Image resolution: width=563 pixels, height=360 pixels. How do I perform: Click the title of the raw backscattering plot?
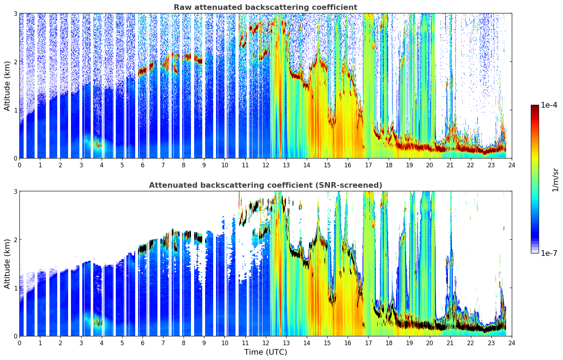265,7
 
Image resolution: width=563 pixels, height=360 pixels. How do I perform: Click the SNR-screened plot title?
265,185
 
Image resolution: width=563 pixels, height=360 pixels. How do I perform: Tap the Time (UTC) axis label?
265,352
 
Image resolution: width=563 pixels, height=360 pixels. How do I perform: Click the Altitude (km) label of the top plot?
7,86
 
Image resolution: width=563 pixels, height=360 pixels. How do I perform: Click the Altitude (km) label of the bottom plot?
7,264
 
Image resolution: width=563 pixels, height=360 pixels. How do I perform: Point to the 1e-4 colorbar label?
549,105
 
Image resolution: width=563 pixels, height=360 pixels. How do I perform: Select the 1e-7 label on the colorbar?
549,253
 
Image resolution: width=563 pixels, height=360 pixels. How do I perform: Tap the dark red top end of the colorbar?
535,106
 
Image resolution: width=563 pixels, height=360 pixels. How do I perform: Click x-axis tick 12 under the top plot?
266,165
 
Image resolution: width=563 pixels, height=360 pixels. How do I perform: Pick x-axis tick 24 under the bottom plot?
512,343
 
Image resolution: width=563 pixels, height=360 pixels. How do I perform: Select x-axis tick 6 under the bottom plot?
143,343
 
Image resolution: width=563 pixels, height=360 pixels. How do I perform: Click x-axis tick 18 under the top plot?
389,165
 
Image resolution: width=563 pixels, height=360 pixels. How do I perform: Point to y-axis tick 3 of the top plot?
15,13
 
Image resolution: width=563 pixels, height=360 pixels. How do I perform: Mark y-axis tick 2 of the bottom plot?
15,240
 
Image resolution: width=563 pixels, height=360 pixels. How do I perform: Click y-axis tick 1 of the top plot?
15,110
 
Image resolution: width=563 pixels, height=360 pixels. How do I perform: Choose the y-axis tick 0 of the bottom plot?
15,336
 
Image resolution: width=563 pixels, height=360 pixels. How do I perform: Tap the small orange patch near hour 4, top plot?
98,144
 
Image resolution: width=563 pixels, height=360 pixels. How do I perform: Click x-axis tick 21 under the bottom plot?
450,343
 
